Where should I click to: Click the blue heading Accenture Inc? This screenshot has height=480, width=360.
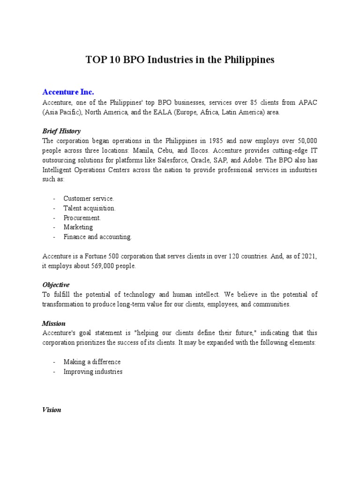point(71,91)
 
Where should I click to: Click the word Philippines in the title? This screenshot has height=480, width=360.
point(248,60)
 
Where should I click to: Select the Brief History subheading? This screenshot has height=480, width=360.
point(61,131)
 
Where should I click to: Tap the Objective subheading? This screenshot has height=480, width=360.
point(56,285)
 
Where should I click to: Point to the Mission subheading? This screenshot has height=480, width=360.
point(54,323)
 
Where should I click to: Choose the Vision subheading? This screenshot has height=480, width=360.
point(52,410)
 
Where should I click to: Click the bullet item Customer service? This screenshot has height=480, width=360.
point(89,199)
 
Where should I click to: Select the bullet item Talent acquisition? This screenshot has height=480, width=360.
point(90,208)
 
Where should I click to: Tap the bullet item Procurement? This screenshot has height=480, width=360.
point(82,218)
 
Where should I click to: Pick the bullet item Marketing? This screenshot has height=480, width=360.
point(78,227)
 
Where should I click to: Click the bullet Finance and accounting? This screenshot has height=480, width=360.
point(97,237)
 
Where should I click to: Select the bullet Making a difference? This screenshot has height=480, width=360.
point(92,362)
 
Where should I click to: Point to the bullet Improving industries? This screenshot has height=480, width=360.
point(93,372)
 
